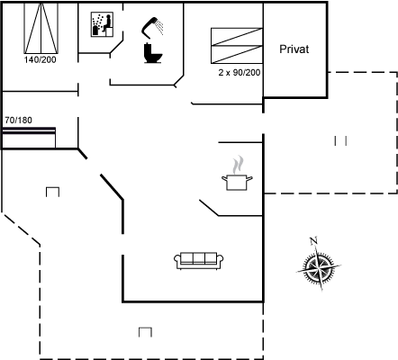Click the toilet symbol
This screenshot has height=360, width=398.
click(153, 53)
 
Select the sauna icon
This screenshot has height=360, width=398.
click(102, 24)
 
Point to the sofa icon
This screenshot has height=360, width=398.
click(199, 260)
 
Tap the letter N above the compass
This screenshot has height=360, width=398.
click(313, 241)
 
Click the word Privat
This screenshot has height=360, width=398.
click(294, 49)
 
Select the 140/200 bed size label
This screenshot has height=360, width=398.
click(40, 59)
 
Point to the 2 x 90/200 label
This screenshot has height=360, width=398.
click(240, 73)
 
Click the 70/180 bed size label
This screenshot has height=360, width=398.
click(18, 121)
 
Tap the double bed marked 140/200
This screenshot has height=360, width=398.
click(41, 28)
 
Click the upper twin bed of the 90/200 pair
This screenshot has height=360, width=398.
click(237, 37)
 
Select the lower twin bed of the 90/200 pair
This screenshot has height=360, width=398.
click(237, 55)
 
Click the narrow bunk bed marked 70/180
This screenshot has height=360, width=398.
click(29, 138)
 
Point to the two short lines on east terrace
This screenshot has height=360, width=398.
click(340, 140)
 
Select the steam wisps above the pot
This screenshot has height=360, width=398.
click(237, 165)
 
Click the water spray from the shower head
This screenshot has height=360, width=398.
click(160, 27)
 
